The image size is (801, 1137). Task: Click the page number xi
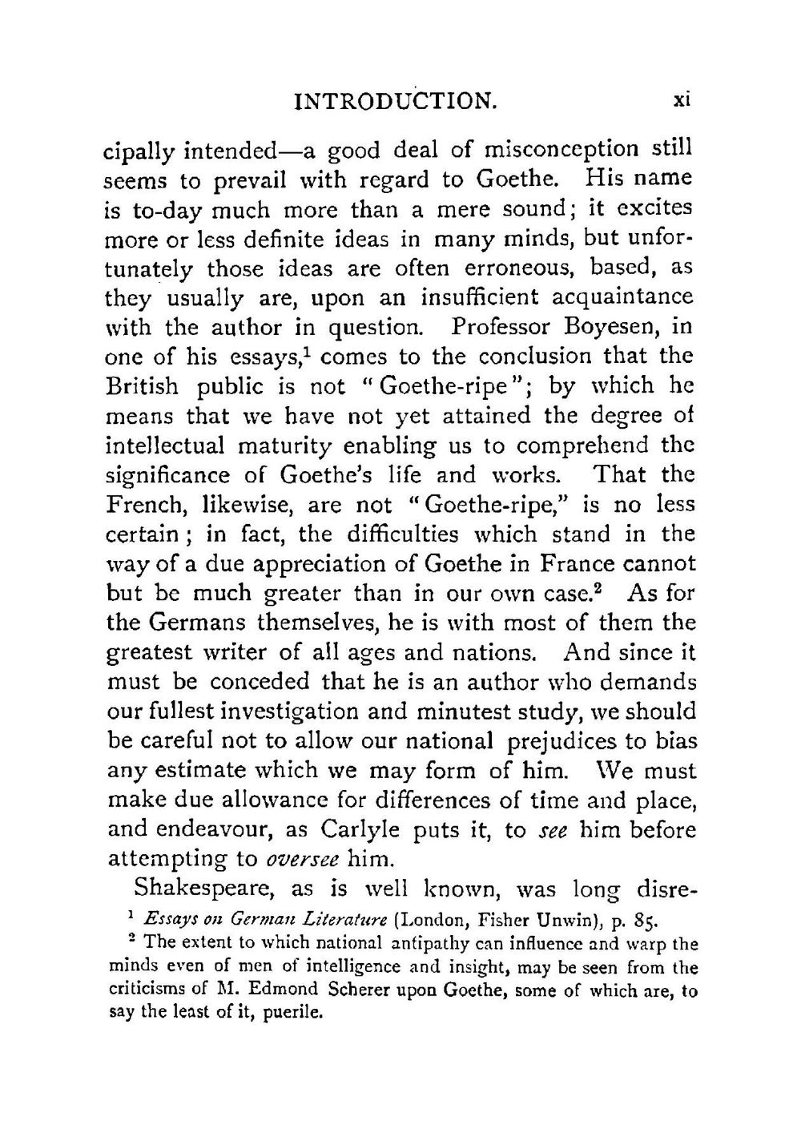(x=682, y=100)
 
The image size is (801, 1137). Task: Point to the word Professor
(x=501, y=328)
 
